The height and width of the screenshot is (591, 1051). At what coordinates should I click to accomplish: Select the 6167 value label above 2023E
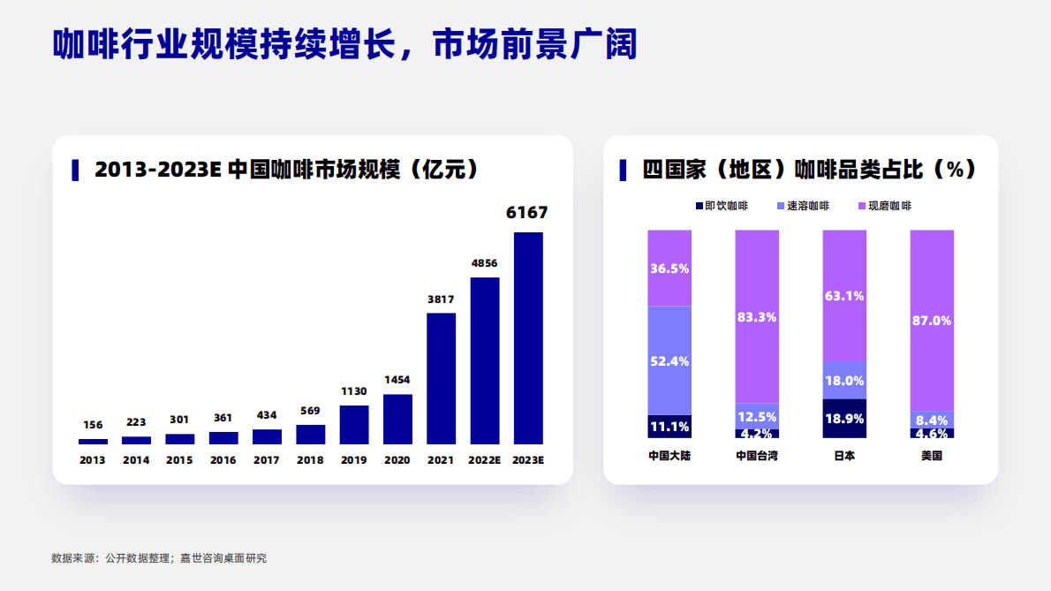coord(527,213)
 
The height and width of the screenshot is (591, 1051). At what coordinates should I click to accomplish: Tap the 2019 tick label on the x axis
coord(353,460)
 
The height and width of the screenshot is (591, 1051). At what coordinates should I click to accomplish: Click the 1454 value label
coord(397,380)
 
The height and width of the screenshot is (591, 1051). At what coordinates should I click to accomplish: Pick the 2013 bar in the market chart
coord(93,441)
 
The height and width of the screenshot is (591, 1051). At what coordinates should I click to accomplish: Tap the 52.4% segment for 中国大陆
coord(669,360)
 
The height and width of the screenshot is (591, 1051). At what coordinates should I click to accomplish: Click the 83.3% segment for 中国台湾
coord(757,316)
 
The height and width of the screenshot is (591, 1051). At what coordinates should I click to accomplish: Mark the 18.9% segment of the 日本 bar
coord(843,418)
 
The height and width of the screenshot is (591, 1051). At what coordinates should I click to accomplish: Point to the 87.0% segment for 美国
coord(932,321)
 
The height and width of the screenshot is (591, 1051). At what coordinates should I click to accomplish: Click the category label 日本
coord(843,456)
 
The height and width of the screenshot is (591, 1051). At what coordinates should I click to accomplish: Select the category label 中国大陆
coord(669,456)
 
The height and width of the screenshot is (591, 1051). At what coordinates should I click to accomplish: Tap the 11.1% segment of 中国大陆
coord(669,427)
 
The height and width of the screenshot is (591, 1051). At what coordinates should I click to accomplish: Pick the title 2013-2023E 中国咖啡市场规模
coord(287,170)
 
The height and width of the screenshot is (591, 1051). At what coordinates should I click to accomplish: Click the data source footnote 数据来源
coord(159,558)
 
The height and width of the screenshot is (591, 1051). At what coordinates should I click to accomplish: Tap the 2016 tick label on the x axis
coord(223,460)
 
